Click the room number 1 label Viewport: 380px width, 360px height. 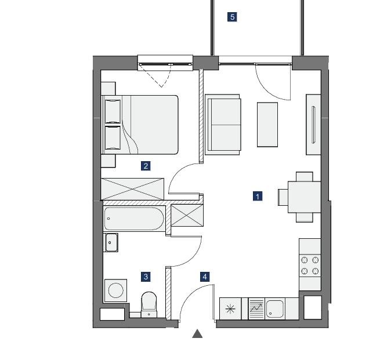(x=258, y=196)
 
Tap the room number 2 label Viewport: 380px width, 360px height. (x=146, y=166)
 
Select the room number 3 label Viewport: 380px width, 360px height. (x=146, y=277)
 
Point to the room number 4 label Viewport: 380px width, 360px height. (x=205, y=277)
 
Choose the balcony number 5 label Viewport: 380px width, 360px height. (x=232, y=17)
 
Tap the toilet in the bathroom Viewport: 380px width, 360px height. (x=149, y=304)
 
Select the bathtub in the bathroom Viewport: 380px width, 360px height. (x=134, y=219)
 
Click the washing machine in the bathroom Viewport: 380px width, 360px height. (x=115, y=290)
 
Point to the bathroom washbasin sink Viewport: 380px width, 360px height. (x=111, y=242)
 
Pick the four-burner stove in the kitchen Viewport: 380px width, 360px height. (x=310, y=266)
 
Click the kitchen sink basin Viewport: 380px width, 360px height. (x=275, y=308)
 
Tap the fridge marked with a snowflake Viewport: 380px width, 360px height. (x=230, y=308)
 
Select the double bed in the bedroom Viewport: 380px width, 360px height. (x=140, y=125)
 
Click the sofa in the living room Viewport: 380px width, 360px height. (x=223, y=125)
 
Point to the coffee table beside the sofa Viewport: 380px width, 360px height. (x=267, y=125)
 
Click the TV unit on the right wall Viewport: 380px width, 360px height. (x=313, y=125)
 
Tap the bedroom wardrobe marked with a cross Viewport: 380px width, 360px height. (x=132, y=189)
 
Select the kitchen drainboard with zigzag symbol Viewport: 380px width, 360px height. (x=256, y=308)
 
